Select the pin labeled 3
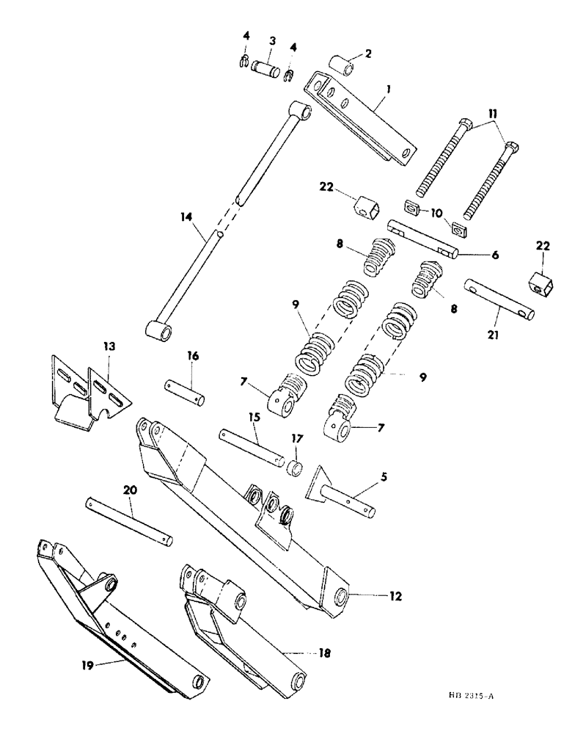click(266, 69)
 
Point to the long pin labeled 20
click(129, 520)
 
